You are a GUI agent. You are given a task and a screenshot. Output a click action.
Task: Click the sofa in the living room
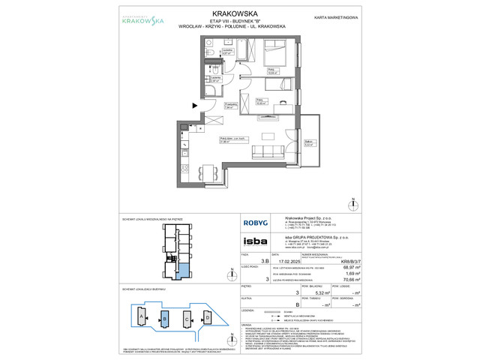(x=268, y=153)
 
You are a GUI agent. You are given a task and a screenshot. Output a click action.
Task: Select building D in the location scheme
(x=206, y=317)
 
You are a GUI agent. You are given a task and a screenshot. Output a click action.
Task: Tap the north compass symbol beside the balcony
(x=353, y=204)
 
